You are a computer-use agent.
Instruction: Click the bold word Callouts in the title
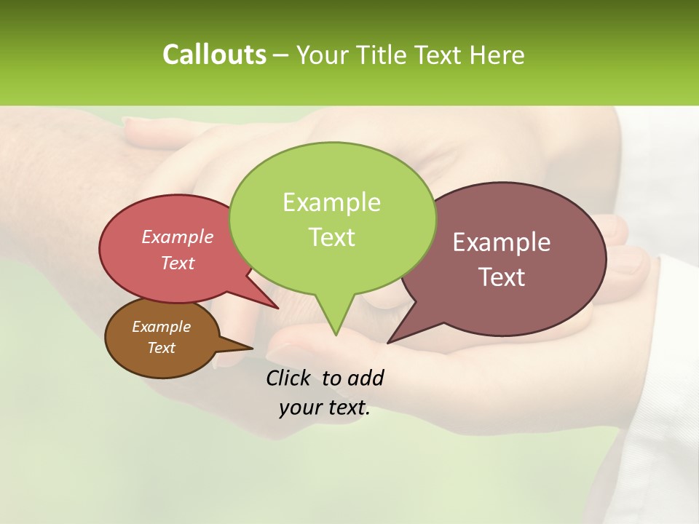[214, 55]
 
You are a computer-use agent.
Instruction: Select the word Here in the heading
[499, 55]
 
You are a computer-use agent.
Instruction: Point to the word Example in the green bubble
[331, 202]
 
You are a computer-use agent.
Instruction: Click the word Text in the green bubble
[331, 237]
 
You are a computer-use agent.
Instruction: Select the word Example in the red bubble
[178, 237]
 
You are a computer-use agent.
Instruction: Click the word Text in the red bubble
[178, 263]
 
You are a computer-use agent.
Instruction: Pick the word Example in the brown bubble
[161, 327]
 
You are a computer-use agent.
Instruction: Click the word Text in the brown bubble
[161, 348]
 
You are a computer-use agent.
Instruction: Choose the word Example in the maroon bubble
[502, 242]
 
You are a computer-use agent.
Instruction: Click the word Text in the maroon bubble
[502, 277]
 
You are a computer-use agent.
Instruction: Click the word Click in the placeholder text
[290, 378]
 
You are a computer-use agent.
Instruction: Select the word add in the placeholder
[366, 378]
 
